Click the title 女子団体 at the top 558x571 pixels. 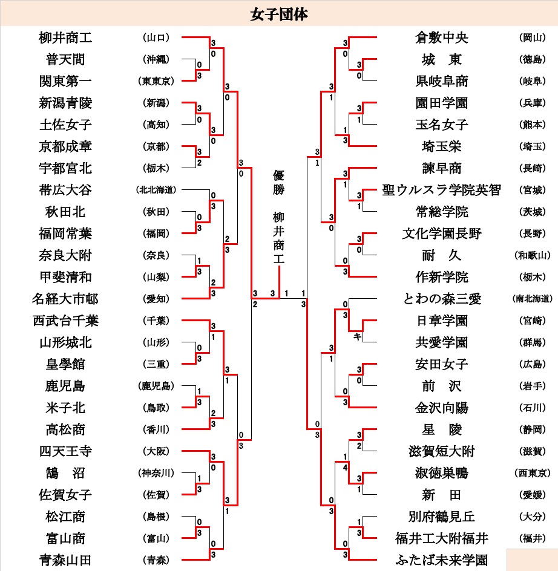point(279,14)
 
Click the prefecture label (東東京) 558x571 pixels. point(156,81)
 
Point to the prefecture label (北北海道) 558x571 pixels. point(156,190)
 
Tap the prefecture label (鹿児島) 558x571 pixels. point(156,386)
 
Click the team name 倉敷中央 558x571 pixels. point(442,38)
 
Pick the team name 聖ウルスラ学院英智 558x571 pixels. point(442,190)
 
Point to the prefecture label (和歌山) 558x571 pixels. point(532,255)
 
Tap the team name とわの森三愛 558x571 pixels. point(442,299)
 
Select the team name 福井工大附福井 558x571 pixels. point(442,538)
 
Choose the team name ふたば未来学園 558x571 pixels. point(442,560)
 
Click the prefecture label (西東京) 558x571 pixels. point(532,473)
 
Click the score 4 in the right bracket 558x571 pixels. point(345,467)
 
